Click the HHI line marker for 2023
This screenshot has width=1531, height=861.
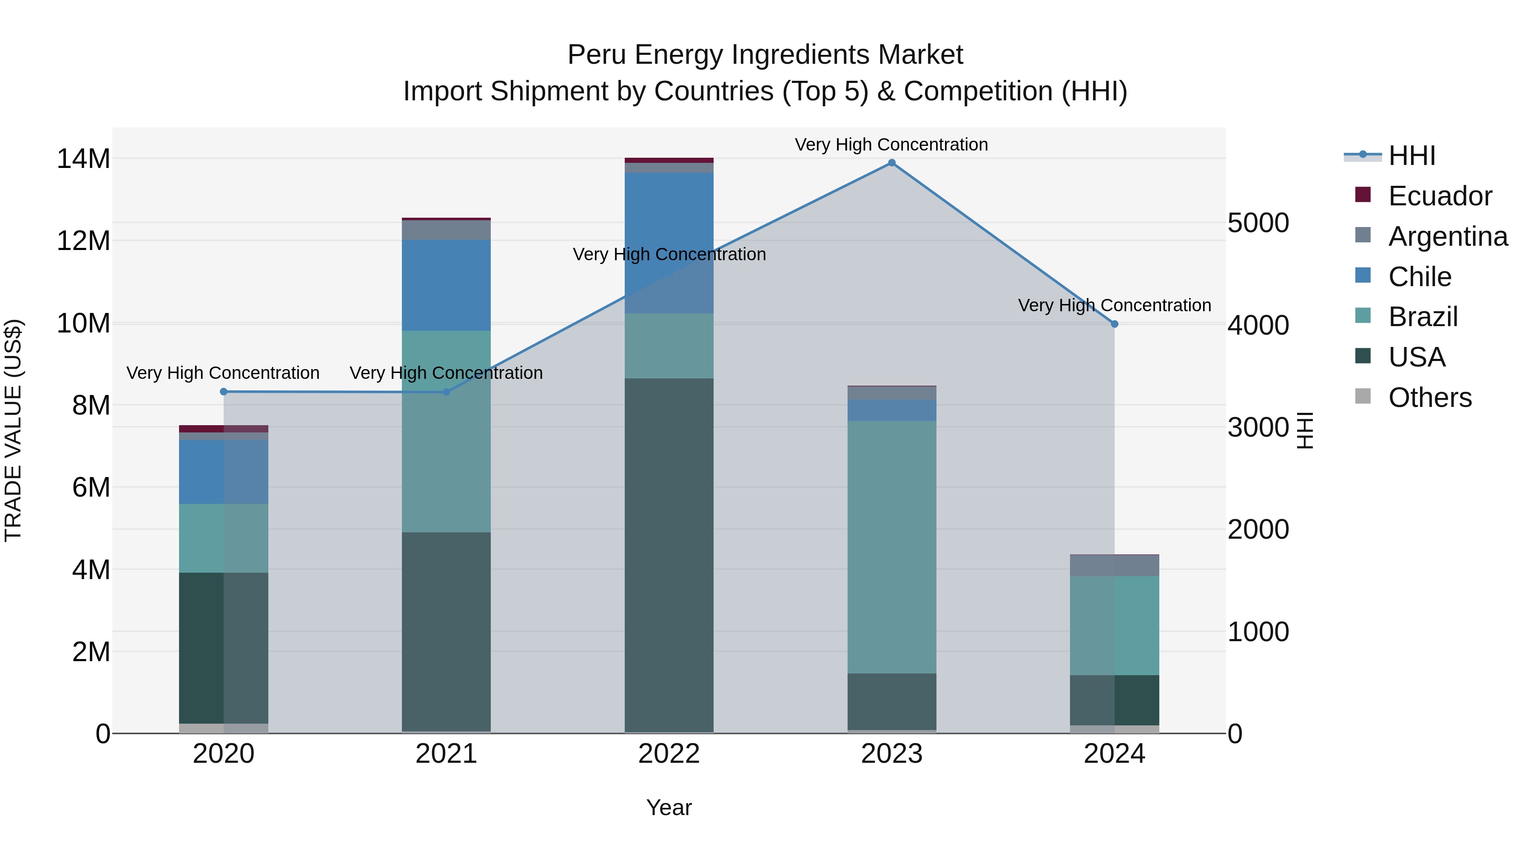click(891, 163)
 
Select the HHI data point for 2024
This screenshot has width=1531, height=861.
click(1114, 324)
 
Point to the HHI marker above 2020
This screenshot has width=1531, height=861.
click(223, 392)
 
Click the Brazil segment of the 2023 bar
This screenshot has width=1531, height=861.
click(891, 547)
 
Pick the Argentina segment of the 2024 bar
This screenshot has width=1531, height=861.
click(1114, 565)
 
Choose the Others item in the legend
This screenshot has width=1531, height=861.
click(1429, 398)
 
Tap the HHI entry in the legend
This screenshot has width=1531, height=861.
click(1411, 156)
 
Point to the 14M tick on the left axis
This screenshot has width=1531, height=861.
click(83, 159)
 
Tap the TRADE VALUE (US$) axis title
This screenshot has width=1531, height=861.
click(13, 430)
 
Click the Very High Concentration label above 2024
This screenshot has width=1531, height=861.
click(1114, 305)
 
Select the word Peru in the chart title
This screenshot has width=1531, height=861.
click(596, 55)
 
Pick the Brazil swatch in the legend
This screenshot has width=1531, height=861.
click(1363, 316)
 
